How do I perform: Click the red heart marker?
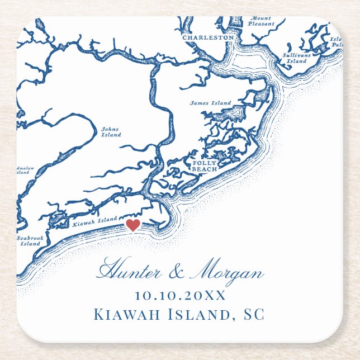point(132,225)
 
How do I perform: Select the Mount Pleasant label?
point(260,21)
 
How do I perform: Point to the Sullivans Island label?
point(296,58)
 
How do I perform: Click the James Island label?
point(210,103)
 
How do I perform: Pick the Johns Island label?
point(111,131)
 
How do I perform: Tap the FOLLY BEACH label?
point(205,166)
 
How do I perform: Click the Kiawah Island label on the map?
point(95,221)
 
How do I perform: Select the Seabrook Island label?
point(30,241)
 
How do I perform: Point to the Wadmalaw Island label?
point(22,169)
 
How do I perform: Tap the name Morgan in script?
point(227,273)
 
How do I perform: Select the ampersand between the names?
point(175,273)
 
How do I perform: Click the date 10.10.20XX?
point(180,296)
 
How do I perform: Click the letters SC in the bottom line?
point(253,314)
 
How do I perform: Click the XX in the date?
point(215,296)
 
